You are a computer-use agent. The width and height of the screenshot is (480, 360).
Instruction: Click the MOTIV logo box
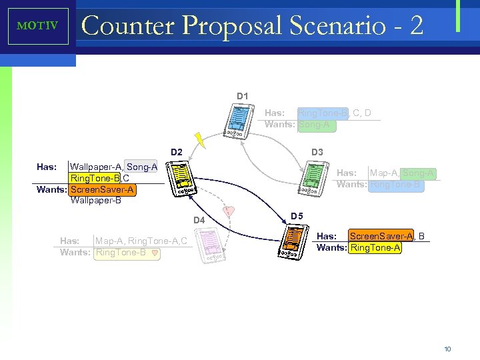pyautogui.click(x=38, y=27)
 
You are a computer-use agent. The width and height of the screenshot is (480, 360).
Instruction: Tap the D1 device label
pyautogui.click(x=242, y=97)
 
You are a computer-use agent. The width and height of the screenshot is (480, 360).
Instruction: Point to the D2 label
pyautogui.click(x=175, y=153)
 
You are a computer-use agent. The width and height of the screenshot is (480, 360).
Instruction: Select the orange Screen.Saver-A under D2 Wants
pyautogui.click(x=103, y=189)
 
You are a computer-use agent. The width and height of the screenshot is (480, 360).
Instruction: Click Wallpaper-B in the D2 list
pyautogui.click(x=95, y=200)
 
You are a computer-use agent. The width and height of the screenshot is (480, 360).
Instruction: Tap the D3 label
pyautogui.click(x=317, y=153)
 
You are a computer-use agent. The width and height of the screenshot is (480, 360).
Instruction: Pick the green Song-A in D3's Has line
pyautogui.click(x=419, y=173)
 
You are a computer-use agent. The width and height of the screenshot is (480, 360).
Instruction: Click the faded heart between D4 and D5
pyautogui.click(x=229, y=211)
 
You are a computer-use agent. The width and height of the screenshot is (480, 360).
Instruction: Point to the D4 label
pyautogui.click(x=200, y=220)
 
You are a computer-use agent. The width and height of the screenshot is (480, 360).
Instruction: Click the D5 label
pyautogui.click(x=297, y=216)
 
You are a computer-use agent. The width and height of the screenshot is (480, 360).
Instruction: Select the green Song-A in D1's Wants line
pyautogui.click(x=314, y=125)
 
